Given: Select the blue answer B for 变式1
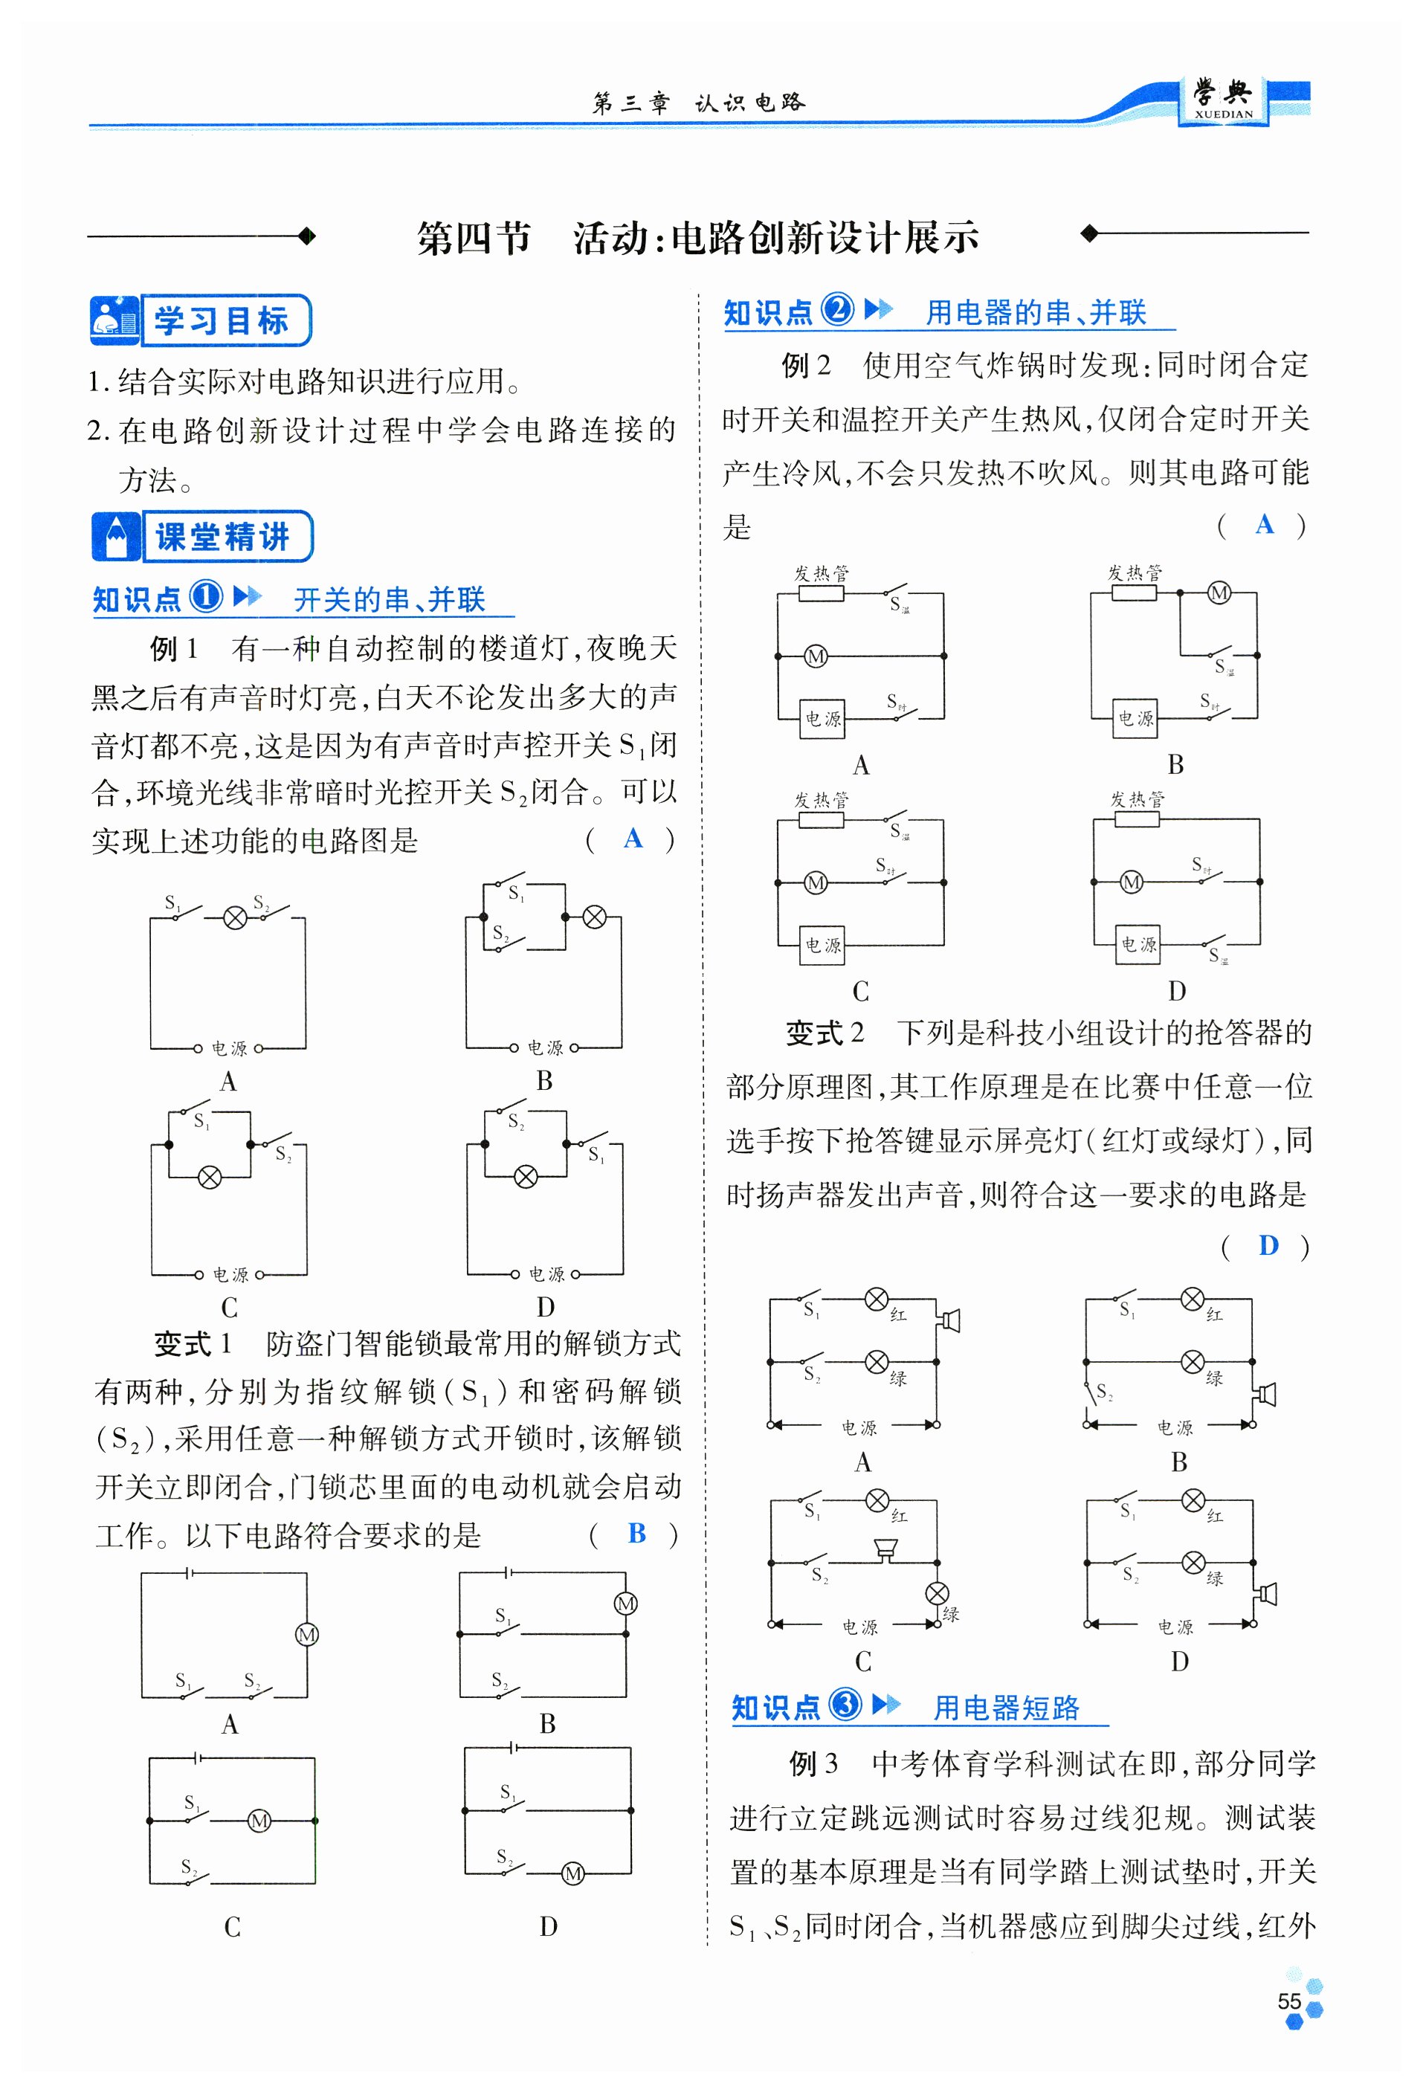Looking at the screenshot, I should pyautogui.click(x=636, y=1532).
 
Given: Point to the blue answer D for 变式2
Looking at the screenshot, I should pyautogui.click(x=1268, y=1245).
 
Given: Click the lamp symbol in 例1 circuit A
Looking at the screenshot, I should pyautogui.click(x=235, y=917).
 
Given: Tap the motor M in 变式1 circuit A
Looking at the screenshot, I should pyautogui.click(x=307, y=1634).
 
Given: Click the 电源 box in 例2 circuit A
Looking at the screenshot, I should pyautogui.click(x=823, y=718).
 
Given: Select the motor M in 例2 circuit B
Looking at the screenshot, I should pyautogui.click(x=1219, y=593).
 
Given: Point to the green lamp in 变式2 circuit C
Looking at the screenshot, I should pyautogui.click(x=936, y=1593).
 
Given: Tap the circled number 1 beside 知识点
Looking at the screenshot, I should pyautogui.click(x=206, y=596).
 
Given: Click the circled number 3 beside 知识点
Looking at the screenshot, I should pyautogui.click(x=845, y=1704).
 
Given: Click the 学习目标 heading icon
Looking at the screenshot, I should pyautogui.click(x=114, y=320).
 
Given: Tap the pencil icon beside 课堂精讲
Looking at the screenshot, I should pyautogui.click(x=116, y=537).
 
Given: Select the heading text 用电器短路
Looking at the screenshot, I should pyautogui.click(x=1005, y=1707).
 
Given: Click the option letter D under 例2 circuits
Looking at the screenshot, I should pyautogui.click(x=1176, y=991).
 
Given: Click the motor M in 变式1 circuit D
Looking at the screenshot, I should pyautogui.click(x=572, y=1873).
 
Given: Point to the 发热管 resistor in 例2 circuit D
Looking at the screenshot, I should pyautogui.click(x=1136, y=819).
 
